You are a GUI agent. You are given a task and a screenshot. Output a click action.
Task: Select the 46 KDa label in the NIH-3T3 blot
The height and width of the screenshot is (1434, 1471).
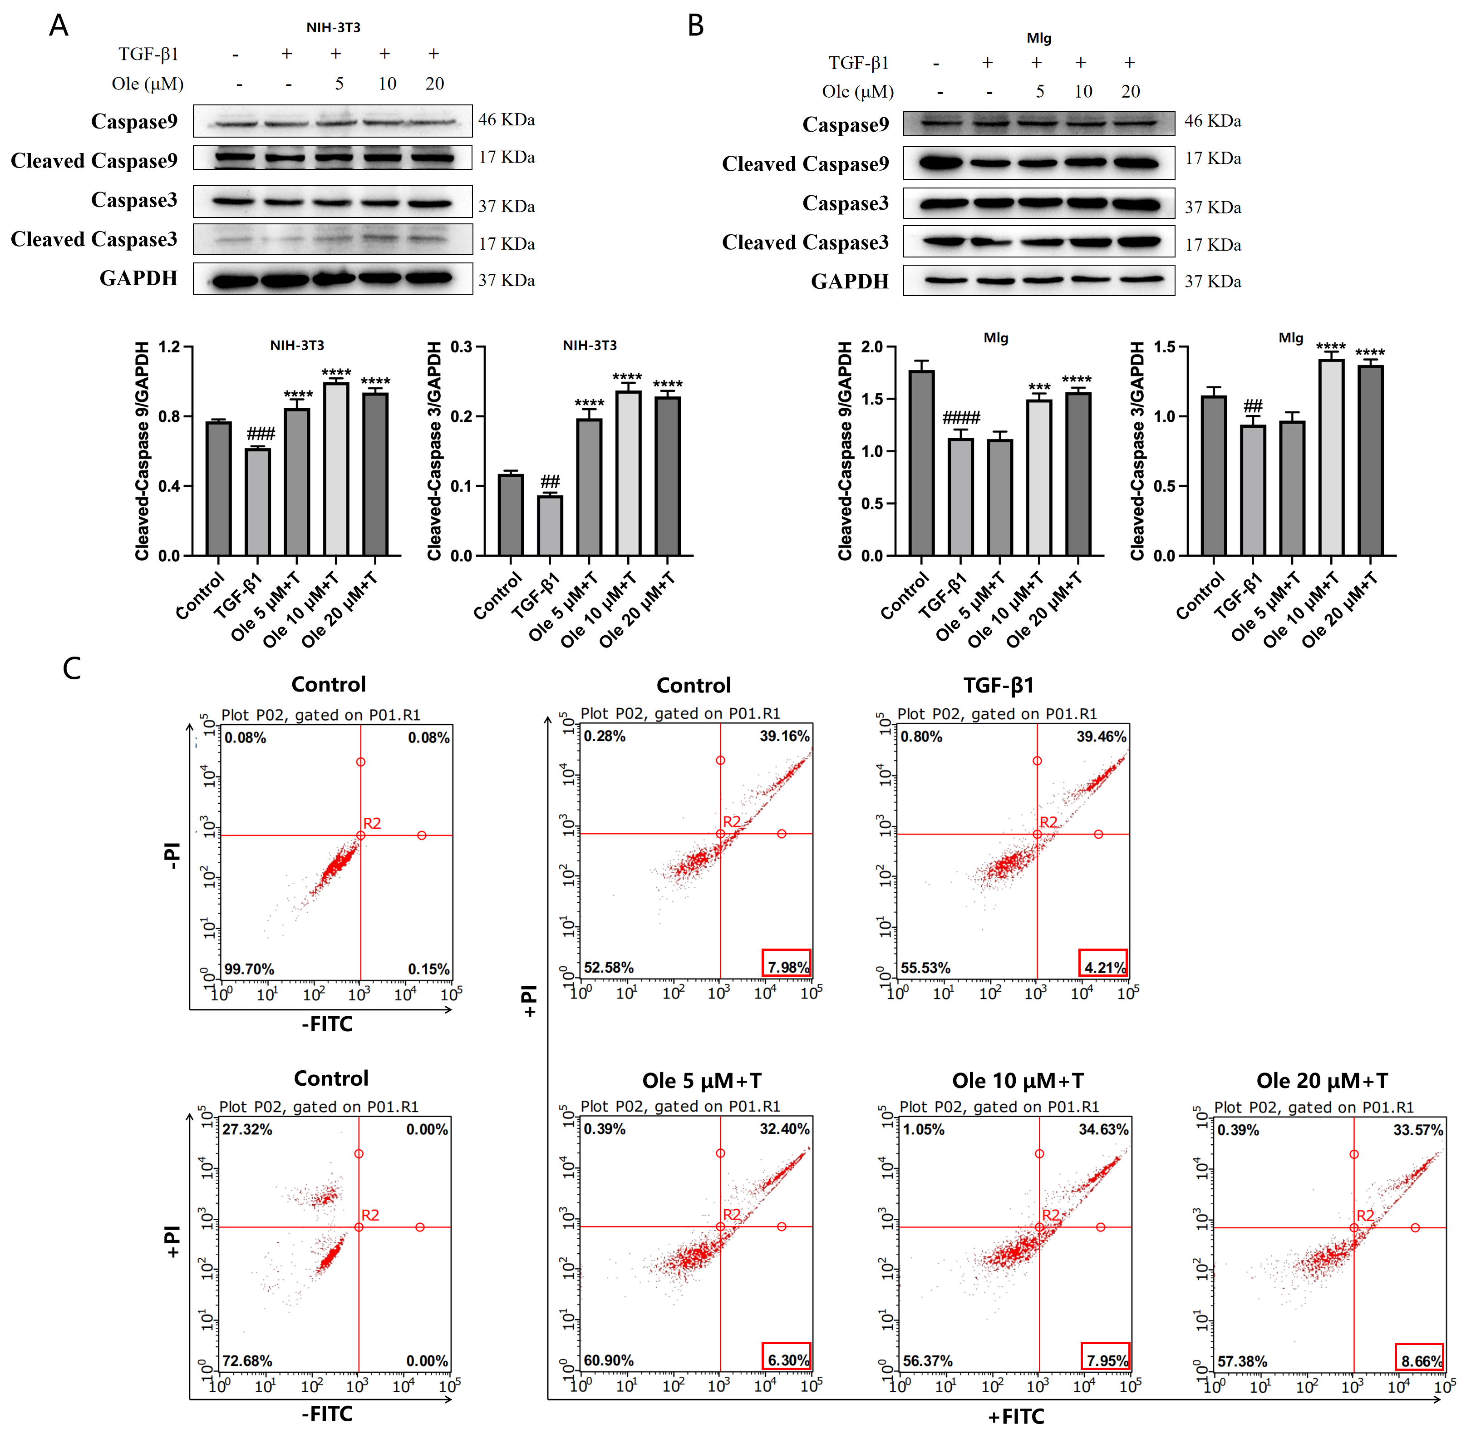506,120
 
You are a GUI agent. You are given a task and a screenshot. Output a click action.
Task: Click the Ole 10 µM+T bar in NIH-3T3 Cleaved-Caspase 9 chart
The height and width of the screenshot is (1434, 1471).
336,469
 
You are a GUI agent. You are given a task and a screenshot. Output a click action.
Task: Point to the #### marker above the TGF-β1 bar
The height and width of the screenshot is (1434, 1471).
961,417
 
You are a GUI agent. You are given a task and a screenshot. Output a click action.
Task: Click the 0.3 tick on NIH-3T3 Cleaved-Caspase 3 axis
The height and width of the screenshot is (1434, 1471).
462,347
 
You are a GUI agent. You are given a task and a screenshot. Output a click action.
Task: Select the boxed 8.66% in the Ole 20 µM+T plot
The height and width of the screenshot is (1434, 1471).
1420,1360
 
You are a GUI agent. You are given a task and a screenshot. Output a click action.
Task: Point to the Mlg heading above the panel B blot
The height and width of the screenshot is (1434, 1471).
1039,38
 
